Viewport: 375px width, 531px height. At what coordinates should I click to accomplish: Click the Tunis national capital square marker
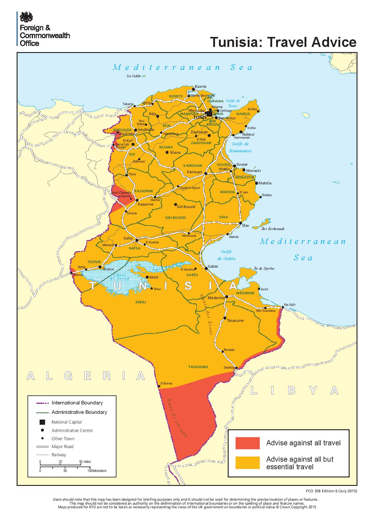[209, 114]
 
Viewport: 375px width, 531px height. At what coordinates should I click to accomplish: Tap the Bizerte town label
[201, 86]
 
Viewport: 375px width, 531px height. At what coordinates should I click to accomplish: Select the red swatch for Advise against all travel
[247, 443]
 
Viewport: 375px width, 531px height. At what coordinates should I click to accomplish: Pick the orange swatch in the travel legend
[247, 463]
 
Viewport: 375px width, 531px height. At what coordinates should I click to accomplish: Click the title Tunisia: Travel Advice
[283, 42]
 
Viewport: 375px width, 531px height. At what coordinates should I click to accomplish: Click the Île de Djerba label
[264, 269]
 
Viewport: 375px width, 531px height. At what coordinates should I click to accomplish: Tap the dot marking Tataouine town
[225, 318]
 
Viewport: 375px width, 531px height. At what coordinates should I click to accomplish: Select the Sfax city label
[246, 226]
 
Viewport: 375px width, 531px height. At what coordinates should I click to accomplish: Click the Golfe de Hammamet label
[240, 147]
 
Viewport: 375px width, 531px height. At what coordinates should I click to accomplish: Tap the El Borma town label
[166, 383]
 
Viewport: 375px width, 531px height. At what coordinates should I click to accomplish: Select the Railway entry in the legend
[59, 454]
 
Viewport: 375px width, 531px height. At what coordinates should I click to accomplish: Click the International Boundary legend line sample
[42, 403]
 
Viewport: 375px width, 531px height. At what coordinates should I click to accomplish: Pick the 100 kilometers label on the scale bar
[97, 471]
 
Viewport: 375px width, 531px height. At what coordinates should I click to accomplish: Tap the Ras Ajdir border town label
[290, 305]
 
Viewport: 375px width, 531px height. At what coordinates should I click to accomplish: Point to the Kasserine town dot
[137, 200]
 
